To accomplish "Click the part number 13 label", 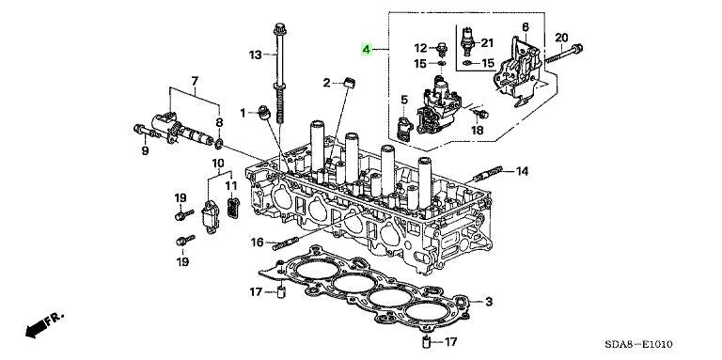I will (x=256, y=56).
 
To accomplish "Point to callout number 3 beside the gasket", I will (x=488, y=302).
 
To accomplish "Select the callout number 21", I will (x=487, y=42).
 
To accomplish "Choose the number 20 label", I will (x=562, y=38).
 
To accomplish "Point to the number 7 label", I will (x=195, y=81).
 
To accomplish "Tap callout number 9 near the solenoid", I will (x=146, y=149).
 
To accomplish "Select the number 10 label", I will (x=217, y=164).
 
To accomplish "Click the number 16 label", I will (x=257, y=243).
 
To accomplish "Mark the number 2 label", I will (x=326, y=84).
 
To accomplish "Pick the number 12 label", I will (x=420, y=47).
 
